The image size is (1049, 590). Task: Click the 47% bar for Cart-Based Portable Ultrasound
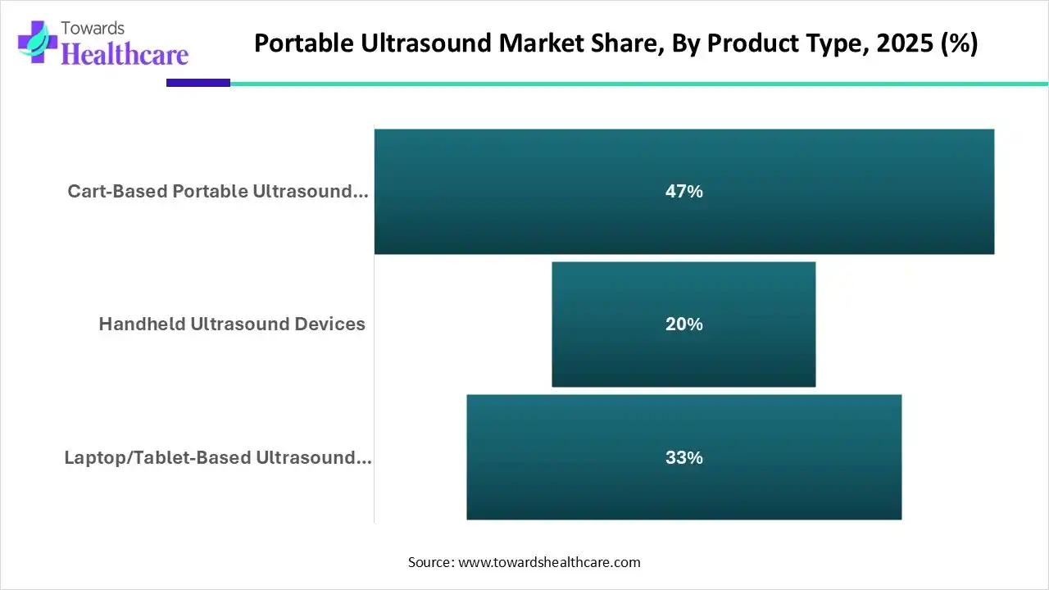(684, 192)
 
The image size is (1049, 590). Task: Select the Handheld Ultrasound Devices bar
(683, 324)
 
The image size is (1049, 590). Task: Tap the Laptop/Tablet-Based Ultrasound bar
(684, 457)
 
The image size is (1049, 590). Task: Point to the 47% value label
(684, 192)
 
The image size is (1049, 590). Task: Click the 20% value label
(684, 324)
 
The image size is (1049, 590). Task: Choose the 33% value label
(684, 457)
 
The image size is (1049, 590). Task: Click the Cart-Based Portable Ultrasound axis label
(218, 191)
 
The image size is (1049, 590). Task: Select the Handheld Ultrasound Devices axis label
(232, 324)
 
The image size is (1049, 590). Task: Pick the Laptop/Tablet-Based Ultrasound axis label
(218, 457)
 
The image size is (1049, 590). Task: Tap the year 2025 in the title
(906, 43)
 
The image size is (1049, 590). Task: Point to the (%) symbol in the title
(959, 43)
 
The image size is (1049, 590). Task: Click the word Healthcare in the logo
(125, 54)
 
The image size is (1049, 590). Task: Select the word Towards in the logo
(93, 29)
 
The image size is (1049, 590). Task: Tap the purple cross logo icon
(38, 42)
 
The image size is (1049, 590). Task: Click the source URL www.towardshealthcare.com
(549, 562)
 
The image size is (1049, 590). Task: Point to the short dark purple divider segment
(198, 83)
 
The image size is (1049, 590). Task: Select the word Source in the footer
(429, 562)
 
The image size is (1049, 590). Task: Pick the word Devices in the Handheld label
(329, 324)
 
